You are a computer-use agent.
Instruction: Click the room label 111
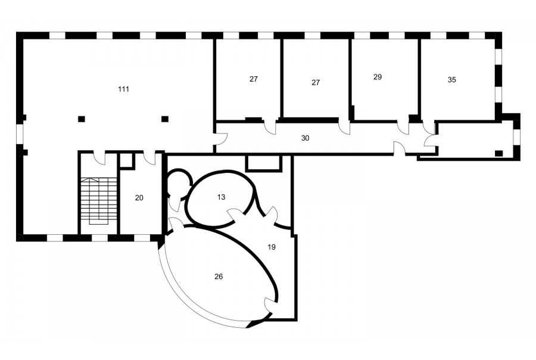point(123,89)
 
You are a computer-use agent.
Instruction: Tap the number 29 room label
point(378,77)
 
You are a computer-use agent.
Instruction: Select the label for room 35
point(451,80)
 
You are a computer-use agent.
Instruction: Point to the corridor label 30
point(306,138)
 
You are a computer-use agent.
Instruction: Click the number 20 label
point(139,198)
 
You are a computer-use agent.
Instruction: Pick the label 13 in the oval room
point(221,197)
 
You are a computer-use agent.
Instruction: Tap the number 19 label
point(272,247)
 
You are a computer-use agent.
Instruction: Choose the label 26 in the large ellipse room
point(219,277)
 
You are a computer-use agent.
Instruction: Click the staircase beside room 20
point(98,201)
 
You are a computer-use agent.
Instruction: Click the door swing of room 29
point(403,128)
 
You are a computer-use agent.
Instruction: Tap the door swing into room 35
point(427,128)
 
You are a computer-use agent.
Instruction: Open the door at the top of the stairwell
point(100,157)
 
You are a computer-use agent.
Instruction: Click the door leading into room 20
point(149,158)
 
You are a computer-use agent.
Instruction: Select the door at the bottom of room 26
point(270,305)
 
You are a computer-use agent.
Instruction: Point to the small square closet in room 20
point(126,160)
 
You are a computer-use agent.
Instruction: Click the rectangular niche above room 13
point(264,163)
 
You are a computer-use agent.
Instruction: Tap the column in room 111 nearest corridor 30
point(165,119)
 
